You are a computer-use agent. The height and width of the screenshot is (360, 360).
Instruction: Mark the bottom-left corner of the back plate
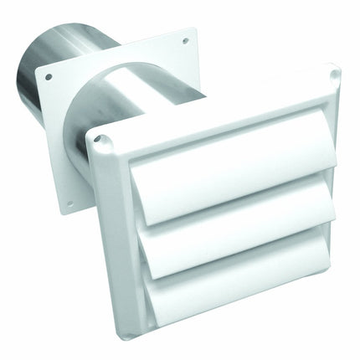(65, 213)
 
